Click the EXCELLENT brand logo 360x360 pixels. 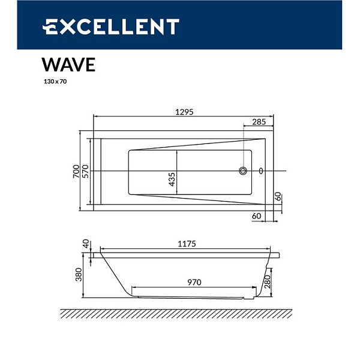(111, 27)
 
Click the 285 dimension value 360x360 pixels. (258, 122)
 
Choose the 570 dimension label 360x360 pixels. (86, 171)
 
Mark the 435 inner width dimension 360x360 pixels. (172, 178)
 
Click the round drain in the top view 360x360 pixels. (243, 171)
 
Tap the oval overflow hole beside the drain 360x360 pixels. (260, 171)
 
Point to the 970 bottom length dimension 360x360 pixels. (193, 281)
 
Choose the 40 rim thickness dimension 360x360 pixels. (86, 244)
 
